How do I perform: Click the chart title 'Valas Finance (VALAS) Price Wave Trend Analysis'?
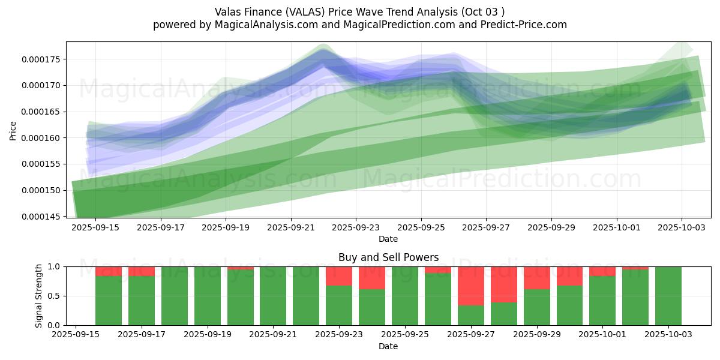pyautogui.click(x=359, y=12)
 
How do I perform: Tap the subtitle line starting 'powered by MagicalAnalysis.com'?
pyautogui.click(x=359, y=25)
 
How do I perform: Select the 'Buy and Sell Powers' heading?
pyautogui.click(x=388, y=257)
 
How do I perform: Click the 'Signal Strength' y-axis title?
pyautogui.click(x=39, y=296)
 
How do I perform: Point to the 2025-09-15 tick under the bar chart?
pyautogui.click(x=76, y=335)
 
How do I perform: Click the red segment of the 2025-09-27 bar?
pyautogui.click(x=471, y=286)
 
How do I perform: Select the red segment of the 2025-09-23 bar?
pyautogui.click(x=339, y=275)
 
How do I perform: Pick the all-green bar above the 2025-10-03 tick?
pyautogui.click(x=668, y=296)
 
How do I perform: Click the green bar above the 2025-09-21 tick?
pyautogui.click(x=273, y=296)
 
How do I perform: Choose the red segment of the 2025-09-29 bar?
pyautogui.click(x=537, y=278)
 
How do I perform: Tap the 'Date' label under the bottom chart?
pyautogui.click(x=388, y=346)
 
